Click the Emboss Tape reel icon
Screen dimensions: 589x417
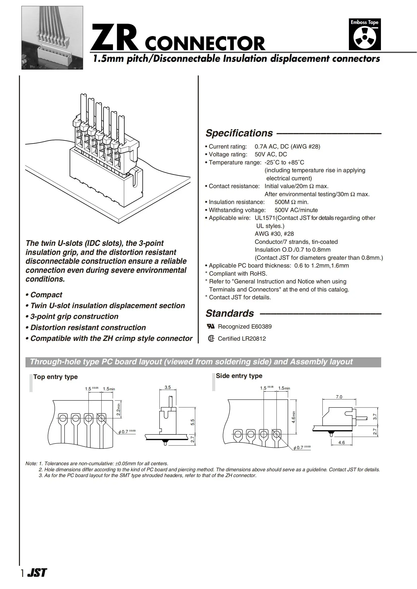[x=365, y=38]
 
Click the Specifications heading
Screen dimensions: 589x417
[x=239, y=133]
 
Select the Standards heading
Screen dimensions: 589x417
[x=230, y=313]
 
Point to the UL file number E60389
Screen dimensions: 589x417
[x=261, y=327]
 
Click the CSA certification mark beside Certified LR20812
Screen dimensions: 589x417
[x=211, y=339]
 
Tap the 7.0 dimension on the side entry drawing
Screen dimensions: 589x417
[x=339, y=397]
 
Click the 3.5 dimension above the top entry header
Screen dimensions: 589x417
[x=168, y=387]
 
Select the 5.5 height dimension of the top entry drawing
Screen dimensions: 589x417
[x=192, y=422]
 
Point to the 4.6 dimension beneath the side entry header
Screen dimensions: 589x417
[x=342, y=443]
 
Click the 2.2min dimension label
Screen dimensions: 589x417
[x=118, y=410]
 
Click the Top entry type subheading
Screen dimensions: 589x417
[x=55, y=377]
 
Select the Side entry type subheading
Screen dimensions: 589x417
[x=239, y=376]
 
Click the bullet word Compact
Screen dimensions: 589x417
[x=46, y=295]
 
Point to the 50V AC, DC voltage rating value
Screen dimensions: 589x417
[x=271, y=154]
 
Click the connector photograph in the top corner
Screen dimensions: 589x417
[x=52, y=38]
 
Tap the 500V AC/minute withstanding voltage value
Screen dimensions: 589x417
[x=296, y=210]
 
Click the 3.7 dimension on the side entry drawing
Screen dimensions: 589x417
[x=375, y=417]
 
